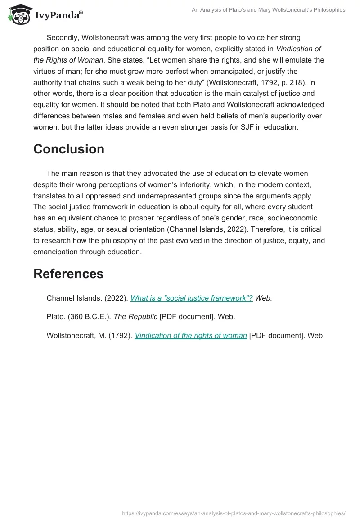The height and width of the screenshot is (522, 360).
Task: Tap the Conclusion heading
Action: click(x=69, y=149)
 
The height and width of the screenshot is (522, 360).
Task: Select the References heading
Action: click(x=68, y=274)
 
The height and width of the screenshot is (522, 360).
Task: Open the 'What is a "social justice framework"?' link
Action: click(x=191, y=298)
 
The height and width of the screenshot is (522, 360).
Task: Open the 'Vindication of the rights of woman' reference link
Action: click(x=191, y=335)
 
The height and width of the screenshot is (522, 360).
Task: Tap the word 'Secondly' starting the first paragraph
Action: click(x=63, y=37)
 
